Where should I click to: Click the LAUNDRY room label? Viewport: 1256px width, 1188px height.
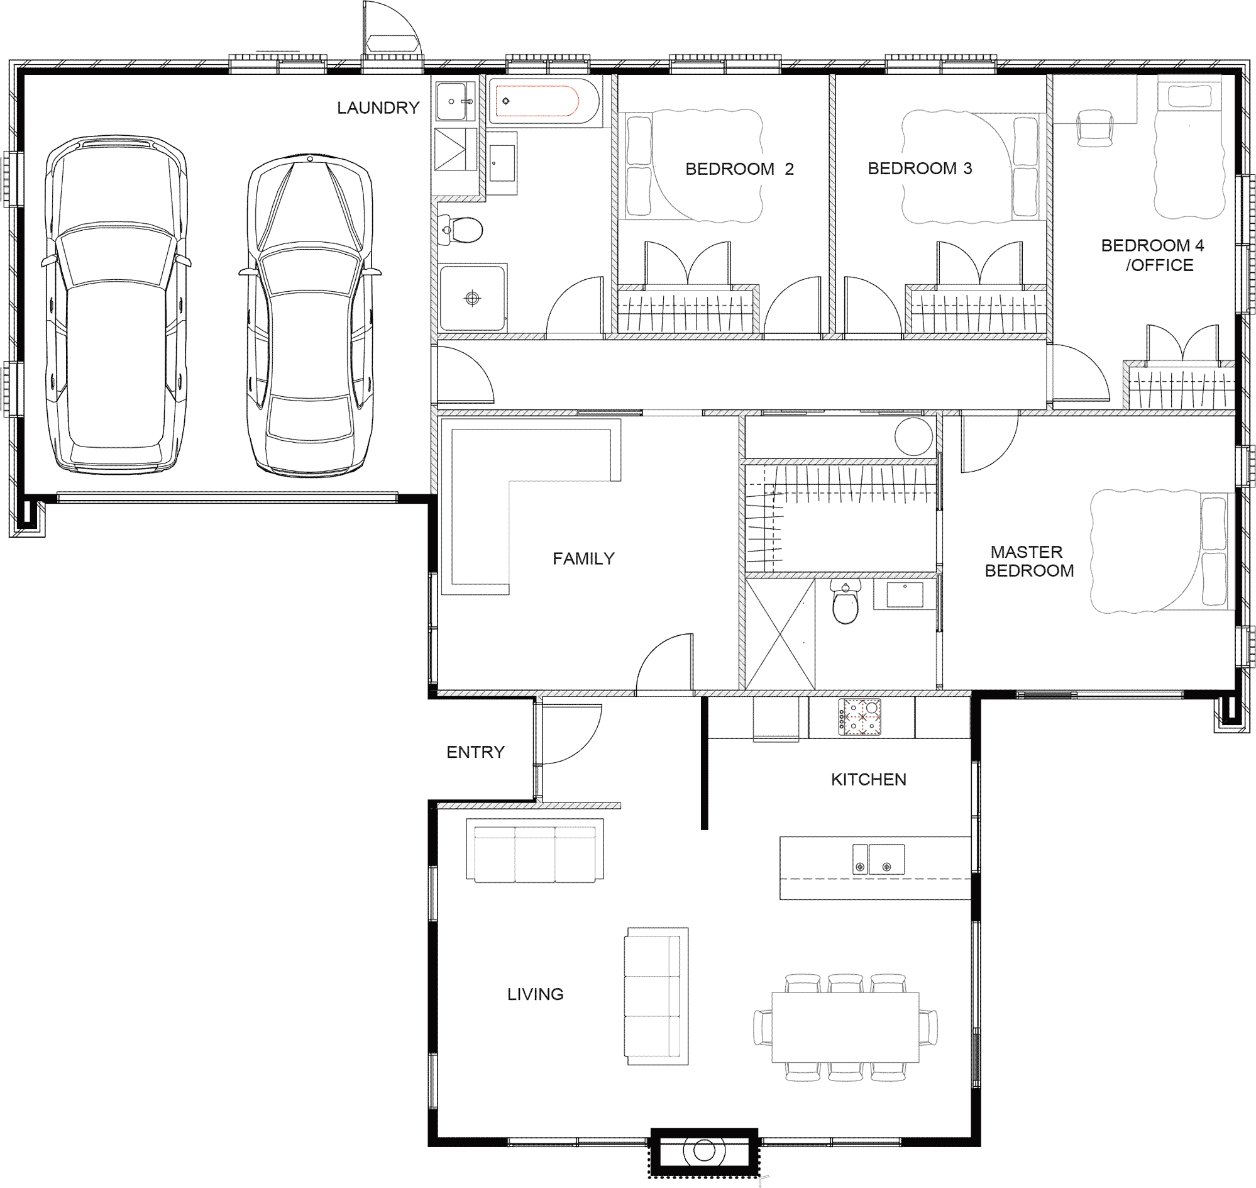[378, 108]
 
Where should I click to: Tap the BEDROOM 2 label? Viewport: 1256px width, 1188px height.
[739, 169]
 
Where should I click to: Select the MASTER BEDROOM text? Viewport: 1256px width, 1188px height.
[1028, 561]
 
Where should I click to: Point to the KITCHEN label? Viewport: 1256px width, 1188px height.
[869, 780]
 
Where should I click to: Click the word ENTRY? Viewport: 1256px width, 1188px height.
[475, 752]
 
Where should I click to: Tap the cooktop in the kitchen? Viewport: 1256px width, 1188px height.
[860, 717]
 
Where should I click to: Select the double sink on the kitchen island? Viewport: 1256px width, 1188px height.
[878, 859]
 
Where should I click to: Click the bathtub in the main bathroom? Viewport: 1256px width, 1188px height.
[544, 101]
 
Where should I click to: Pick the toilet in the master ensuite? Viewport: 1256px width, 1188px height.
[845, 604]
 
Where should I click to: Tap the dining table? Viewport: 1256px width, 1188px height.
[845, 1027]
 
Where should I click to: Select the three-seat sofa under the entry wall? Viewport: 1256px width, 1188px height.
[535, 850]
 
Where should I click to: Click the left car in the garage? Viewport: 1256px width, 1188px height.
[116, 304]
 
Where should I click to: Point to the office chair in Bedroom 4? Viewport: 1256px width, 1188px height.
[1094, 127]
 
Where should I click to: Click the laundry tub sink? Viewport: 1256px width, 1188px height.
[454, 101]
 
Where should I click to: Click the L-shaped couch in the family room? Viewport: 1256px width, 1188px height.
[531, 510]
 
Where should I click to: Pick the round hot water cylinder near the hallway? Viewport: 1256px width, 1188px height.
[913, 436]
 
